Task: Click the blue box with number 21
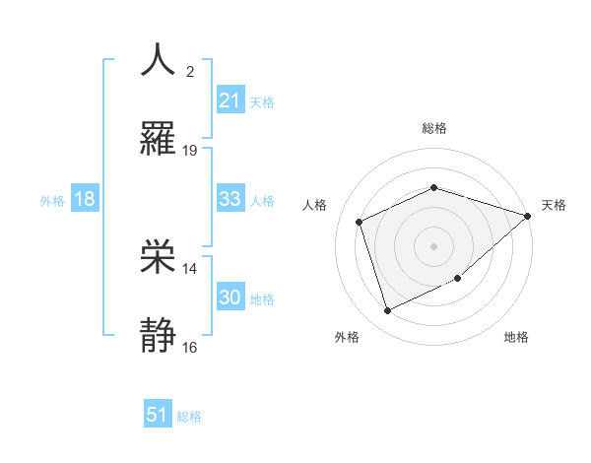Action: [230, 100]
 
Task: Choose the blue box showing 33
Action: [230, 199]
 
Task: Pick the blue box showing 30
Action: [230, 298]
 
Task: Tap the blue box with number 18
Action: [85, 199]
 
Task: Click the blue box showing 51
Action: [158, 415]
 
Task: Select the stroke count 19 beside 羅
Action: [190, 151]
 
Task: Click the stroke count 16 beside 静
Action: [190, 348]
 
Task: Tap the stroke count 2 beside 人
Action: [190, 71]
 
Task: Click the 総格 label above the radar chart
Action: [434, 128]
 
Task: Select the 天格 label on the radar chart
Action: [555, 205]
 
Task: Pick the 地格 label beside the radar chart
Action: [516, 337]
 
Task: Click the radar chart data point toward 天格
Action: [528, 216]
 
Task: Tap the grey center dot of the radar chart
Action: [434, 246]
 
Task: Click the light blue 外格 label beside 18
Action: [52, 200]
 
